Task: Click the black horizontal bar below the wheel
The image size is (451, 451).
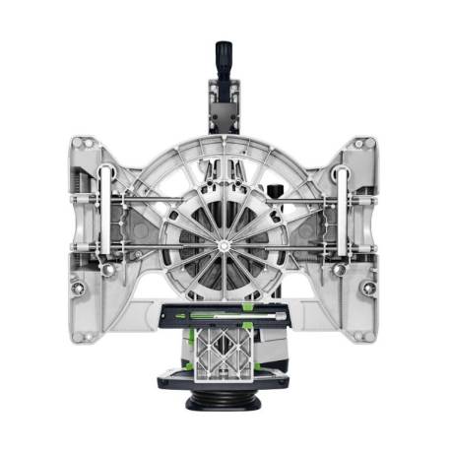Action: click(x=225, y=317)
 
